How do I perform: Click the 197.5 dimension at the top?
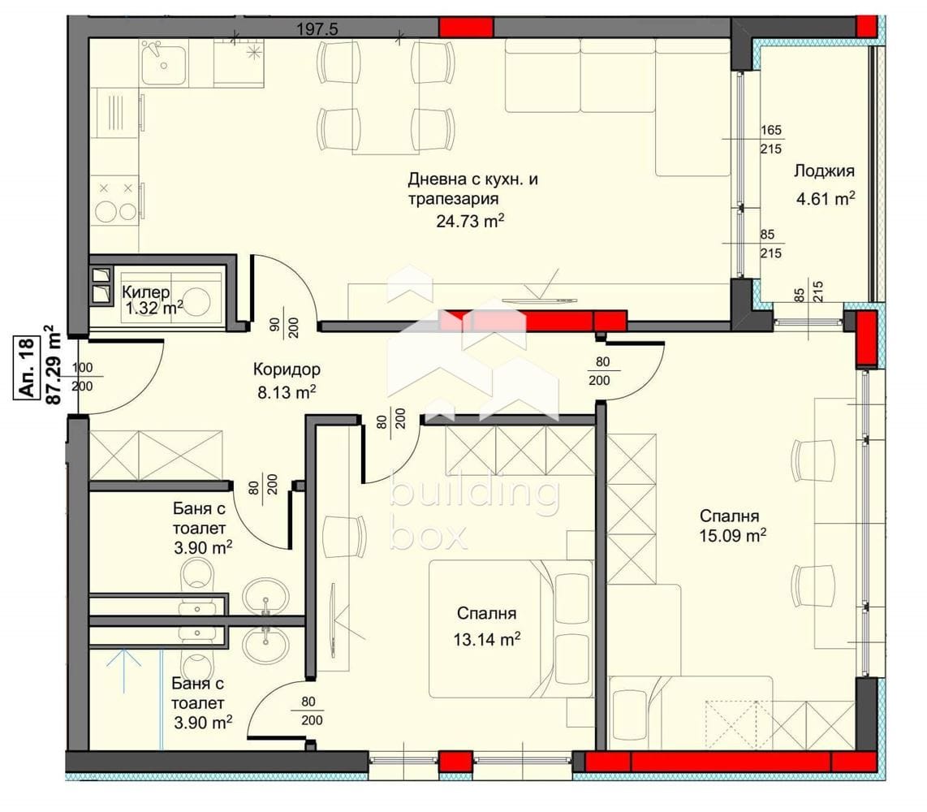coord(317,29)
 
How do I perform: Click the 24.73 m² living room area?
coord(470,221)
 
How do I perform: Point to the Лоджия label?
coord(824,171)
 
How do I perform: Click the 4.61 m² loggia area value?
coord(826,198)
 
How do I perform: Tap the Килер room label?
coord(146,292)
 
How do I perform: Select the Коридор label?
coord(287,369)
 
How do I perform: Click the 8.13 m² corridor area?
coord(287,391)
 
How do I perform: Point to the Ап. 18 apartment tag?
coord(28,367)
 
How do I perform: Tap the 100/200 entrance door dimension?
coord(82,377)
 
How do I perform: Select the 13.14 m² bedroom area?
coord(486,639)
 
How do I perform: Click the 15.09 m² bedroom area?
coord(733,536)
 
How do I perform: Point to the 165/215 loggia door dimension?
coord(771,139)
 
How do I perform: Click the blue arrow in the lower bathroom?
coord(123,669)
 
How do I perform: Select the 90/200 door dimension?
coord(284,327)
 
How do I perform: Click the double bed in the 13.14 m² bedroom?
coord(511,628)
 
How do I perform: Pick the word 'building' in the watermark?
coord(474,492)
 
